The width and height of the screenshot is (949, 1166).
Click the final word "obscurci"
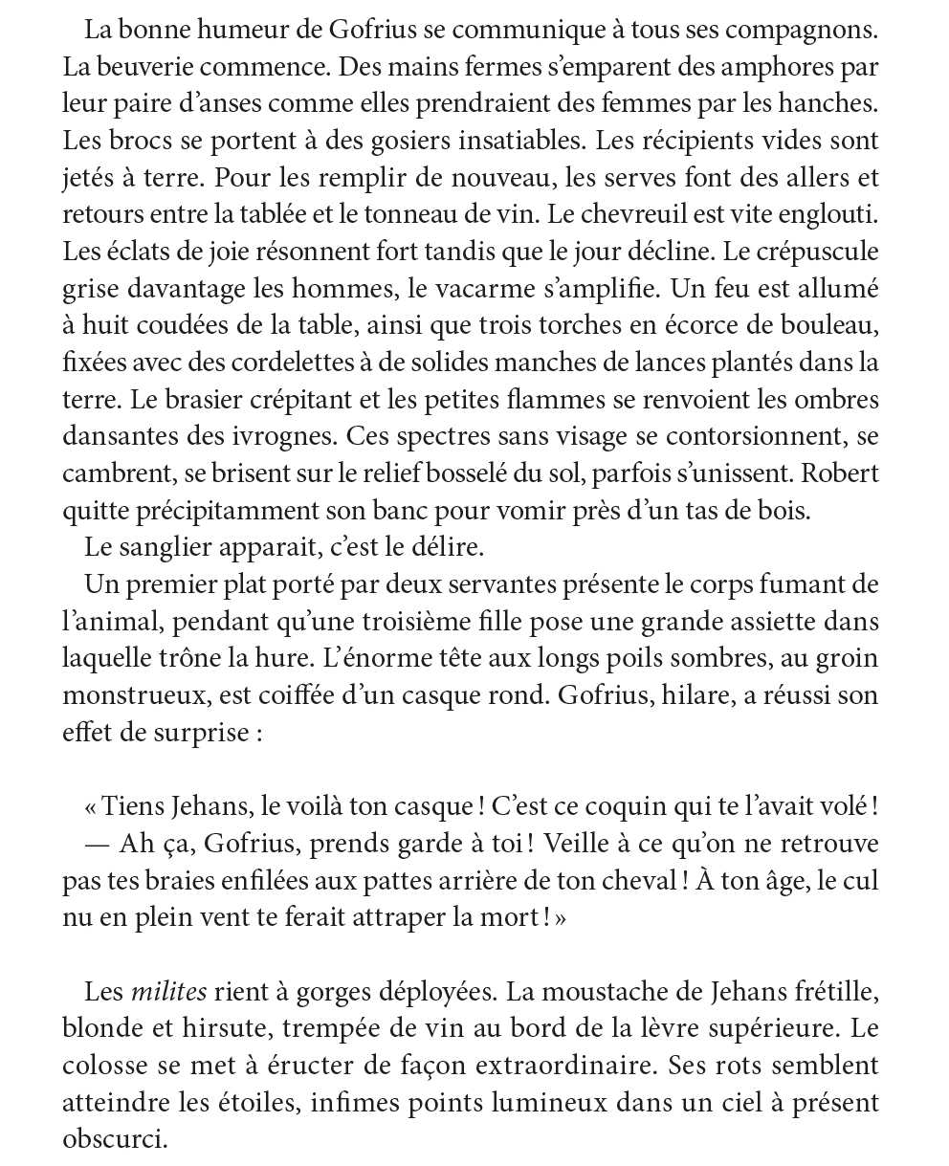point(114,1139)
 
